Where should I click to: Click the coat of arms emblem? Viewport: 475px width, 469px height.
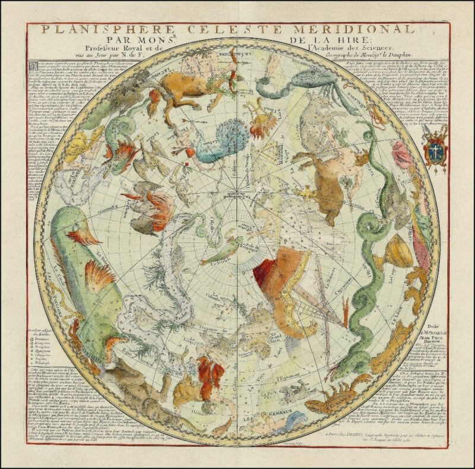click(x=436, y=146)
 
